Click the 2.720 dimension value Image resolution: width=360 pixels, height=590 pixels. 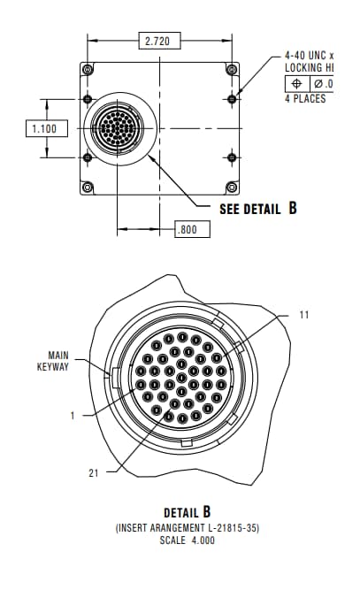[157, 40]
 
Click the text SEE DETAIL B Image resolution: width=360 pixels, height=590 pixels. [257, 209]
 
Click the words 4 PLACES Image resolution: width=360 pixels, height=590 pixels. [304, 98]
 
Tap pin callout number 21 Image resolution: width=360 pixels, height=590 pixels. [93, 472]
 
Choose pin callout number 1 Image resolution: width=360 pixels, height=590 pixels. [73, 413]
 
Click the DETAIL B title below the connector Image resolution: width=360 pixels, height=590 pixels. [188, 512]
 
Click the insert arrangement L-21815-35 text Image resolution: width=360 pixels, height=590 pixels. [186, 527]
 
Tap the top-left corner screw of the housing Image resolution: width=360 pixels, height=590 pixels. [87, 70]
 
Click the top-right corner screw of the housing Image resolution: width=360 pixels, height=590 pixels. [233, 70]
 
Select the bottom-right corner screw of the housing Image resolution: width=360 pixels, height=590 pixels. [233, 186]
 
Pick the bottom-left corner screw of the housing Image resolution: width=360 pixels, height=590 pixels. [87, 186]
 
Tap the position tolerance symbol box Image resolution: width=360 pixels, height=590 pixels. [297, 83]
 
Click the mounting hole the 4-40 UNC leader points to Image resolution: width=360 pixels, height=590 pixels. [232, 98]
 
